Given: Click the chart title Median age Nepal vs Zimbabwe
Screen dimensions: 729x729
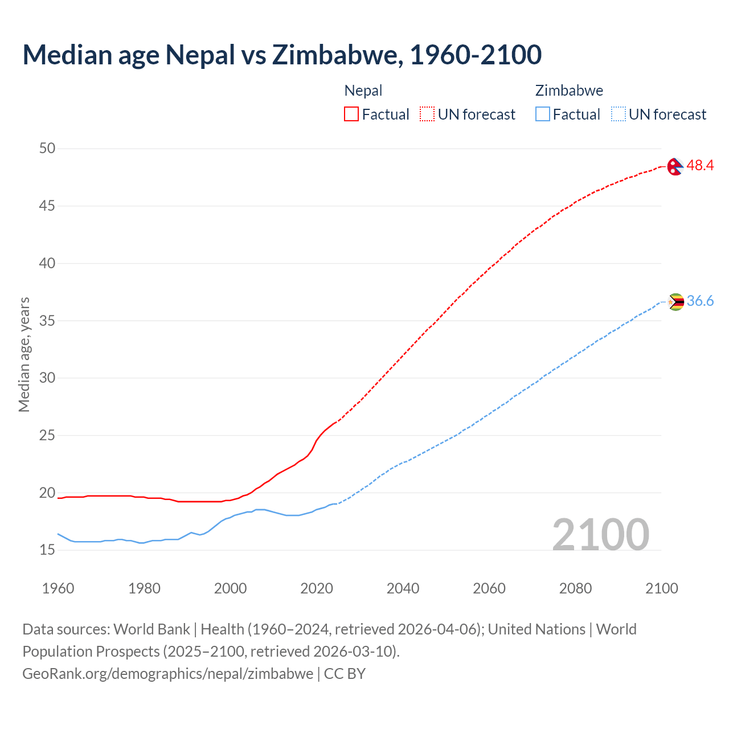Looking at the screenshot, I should pyautogui.click(x=282, y=55).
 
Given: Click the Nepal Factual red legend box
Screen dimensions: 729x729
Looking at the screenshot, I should pyautogui.click(x=351, y=114).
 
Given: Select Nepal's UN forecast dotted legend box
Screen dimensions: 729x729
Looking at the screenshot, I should pyautogui.click(x=427, y=114).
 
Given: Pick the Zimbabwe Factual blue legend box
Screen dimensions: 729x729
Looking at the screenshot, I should pyautogui.click(x=543, y=114).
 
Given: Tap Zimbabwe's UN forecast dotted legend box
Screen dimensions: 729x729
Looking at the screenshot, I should pyautogui.click(x=619, y=114).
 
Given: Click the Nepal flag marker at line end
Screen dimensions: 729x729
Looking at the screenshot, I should pyautogui.click(x=675, y=166).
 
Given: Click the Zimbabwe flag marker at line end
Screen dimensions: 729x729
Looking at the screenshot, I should pyautogui.click(x=675, y=302).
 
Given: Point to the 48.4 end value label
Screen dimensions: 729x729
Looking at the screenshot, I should pyautogui.click(x=700, y=166).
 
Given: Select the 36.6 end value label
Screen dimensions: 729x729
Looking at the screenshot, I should pyautogui.click(x=700, y=301).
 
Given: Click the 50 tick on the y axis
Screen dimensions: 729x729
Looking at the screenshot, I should pyautogui.click(x=47, y=149).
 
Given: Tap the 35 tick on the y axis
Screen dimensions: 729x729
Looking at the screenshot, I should pyautogui.click(x=47, y=321).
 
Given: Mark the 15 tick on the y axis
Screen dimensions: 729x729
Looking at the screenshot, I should pyautogui.click(x=47, y=550).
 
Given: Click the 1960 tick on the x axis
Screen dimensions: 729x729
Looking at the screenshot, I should pyautogui.click(x=58, y=588).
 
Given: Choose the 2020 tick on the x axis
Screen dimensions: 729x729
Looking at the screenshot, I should pyautogui.click(x=317, y=588).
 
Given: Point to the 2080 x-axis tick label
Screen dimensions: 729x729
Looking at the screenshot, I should pyautogui.click(x=575, y=588).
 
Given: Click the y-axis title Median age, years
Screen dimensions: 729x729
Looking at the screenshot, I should pyautogui.click(x=24, y=354).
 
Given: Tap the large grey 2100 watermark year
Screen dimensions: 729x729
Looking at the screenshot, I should pyautogui.click(x=600, y=534).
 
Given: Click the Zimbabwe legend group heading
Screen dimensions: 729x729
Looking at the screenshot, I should pyautogui.click(x=569, y=91).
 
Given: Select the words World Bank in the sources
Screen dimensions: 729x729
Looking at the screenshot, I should pyautogui.click(x=151, y=629).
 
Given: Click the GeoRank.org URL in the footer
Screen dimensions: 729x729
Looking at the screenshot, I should pyautogui.click(x=167, y=674).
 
